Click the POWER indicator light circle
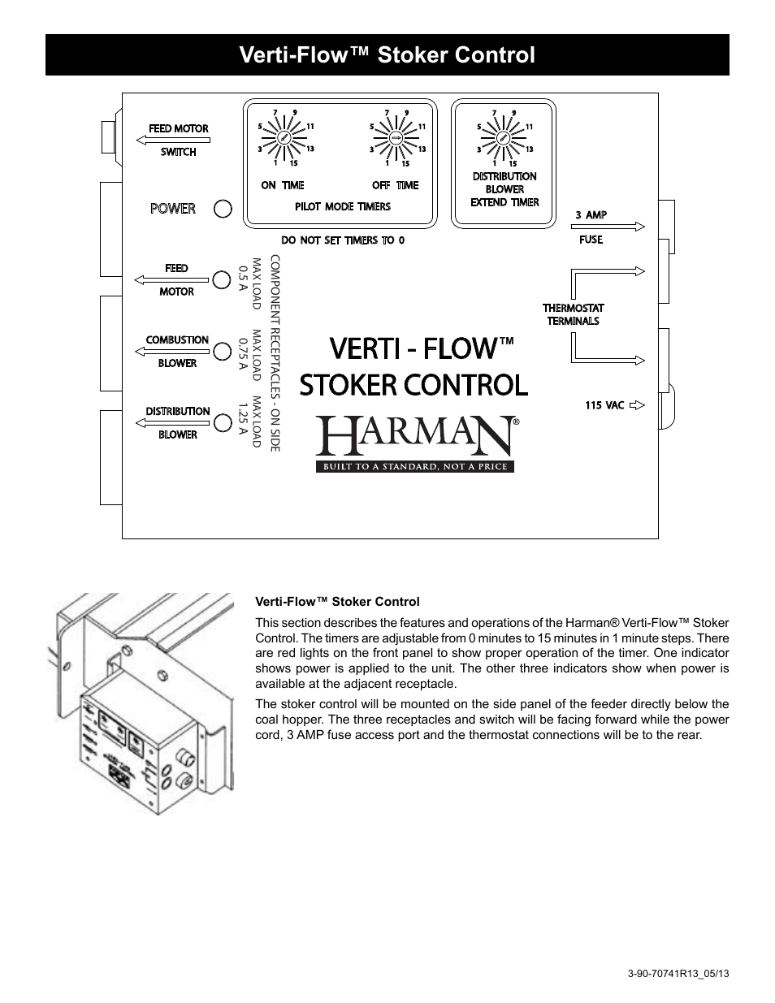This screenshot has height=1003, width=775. point(223,209)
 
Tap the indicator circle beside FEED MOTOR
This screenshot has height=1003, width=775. point(223,280)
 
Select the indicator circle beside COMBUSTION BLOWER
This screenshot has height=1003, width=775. point(223,352)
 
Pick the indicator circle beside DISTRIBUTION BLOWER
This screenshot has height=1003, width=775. point(223,422)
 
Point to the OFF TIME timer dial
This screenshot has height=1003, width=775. point(396,138)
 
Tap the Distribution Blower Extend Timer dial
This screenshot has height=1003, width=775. point(504,138)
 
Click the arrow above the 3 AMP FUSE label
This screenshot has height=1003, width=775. point(608,227)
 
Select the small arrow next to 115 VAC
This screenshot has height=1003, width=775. point(637,404)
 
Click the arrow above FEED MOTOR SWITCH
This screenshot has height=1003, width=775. point(171,141)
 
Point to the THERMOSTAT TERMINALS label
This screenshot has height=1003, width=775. point(574,314)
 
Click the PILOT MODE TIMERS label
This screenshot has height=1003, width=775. point(343,206)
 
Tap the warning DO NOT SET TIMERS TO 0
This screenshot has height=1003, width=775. point(343,240)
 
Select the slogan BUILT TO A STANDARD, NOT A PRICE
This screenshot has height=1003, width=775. point(415,467)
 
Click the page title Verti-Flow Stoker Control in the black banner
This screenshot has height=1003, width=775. point(387,55)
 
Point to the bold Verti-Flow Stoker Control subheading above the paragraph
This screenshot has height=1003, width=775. point(337,602)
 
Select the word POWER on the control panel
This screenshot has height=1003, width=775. point(173,209)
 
